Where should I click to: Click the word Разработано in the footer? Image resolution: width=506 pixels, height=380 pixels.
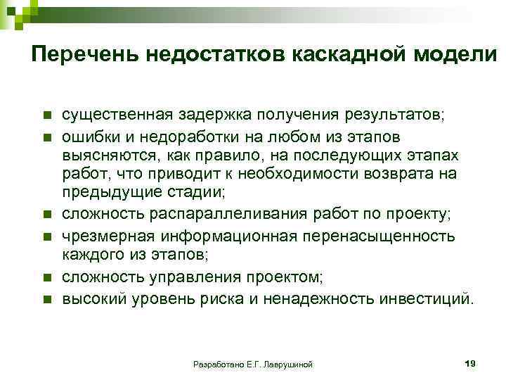coord(216,364)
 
